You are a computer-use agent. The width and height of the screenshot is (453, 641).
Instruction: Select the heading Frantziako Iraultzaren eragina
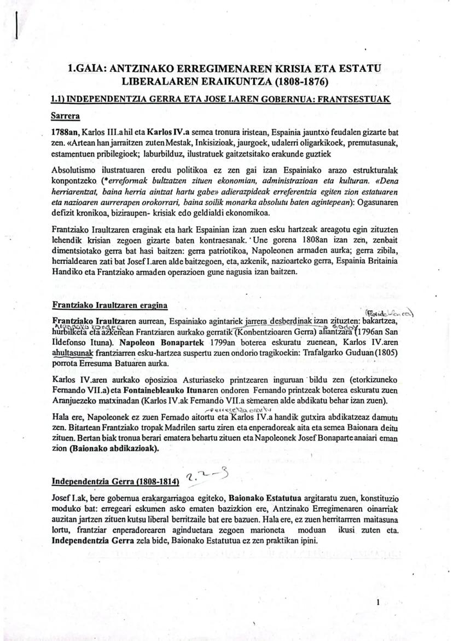(x=109, y=304)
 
